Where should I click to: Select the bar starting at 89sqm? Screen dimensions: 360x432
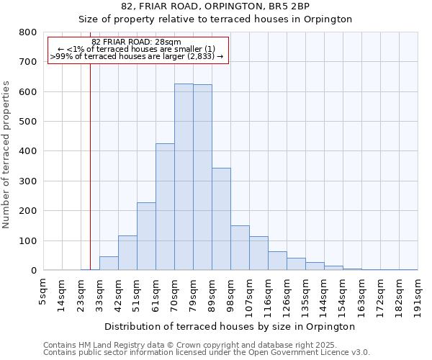pyautogui.click(x=221, y=219)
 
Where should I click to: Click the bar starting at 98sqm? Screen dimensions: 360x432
pyautogui.click(x=240, y=248)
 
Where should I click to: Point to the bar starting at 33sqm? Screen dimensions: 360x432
pyautogui.click(x=109, y=264)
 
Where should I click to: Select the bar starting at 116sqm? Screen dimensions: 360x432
pyautogui.click(x=277, y=261)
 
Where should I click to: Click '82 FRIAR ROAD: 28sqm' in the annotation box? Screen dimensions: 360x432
pyautogui.click(x=137, y=42)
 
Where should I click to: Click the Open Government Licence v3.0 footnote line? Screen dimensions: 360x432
pyautogui.click(x=207, y=353)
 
